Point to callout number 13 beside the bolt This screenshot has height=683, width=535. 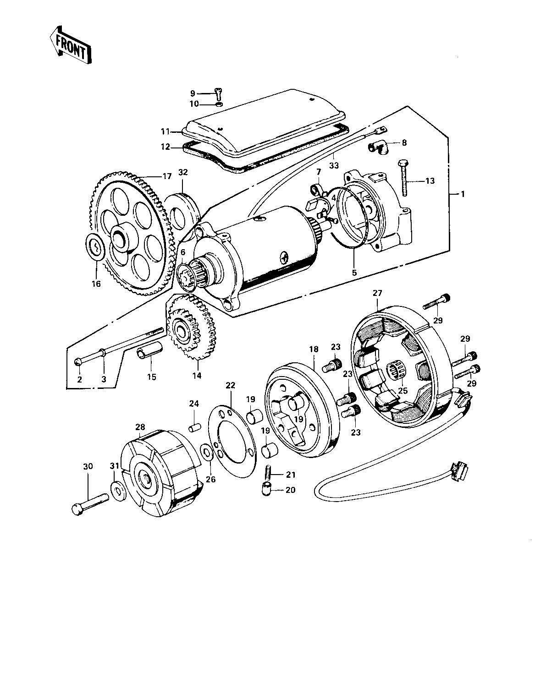(430, 181)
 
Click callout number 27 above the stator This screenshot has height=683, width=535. (377, 293)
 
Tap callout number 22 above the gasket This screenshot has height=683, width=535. (230, 385)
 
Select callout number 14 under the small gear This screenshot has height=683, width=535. (197, 376)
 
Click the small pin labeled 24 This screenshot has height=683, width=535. (194, 427)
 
